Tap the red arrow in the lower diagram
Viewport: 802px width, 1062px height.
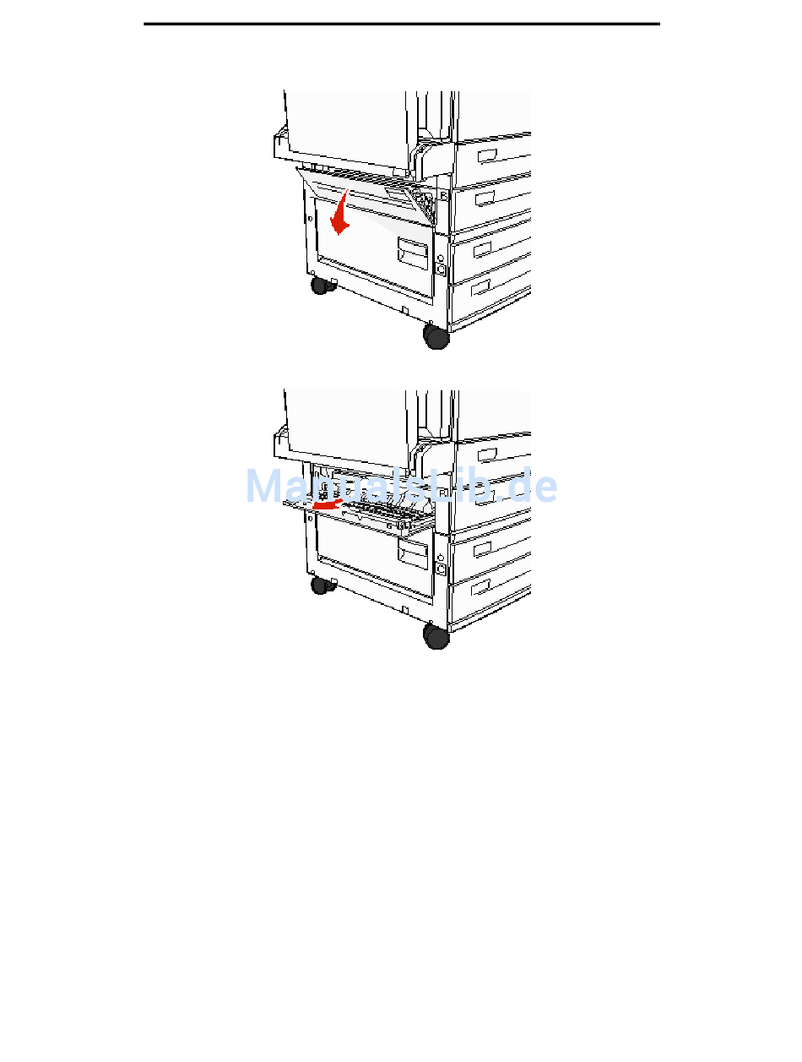328,504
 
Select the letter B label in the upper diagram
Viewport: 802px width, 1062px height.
444,196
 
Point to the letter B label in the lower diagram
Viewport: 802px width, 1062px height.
443,493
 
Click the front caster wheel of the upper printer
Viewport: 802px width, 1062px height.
436,336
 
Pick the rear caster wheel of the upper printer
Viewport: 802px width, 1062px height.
320,286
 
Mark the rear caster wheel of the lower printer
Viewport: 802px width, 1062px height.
320,585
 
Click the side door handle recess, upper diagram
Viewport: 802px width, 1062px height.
412,253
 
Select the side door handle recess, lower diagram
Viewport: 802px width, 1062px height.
412,553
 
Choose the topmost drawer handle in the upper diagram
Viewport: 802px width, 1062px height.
487,155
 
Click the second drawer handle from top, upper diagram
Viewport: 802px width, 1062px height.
485,198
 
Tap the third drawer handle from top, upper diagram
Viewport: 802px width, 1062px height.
482,249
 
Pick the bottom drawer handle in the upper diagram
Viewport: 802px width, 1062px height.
480,287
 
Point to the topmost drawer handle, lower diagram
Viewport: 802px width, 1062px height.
487,455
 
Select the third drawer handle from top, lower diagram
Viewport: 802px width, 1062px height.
482,548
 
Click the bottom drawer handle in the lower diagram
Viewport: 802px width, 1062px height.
480,586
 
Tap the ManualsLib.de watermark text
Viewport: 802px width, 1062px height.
401,485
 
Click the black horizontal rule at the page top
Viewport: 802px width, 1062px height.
402,24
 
